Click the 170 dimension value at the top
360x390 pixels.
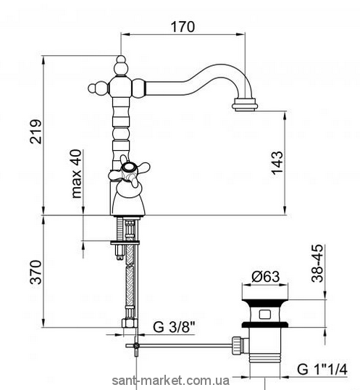pyautogui.click(x=183, y=27)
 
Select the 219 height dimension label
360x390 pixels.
pyautogui.click(x=36, y=131)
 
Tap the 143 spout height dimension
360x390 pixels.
pyautogui.click(x=277, y=162)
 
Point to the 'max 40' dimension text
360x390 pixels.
pyautogui.click(x=77, y=173)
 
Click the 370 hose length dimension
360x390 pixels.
pyautogui.click(x=36, y=272)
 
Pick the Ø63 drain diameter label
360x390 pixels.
pyautogui.click(x=265, y=276)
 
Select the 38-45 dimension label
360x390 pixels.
pyautogui.click(x=317, y=263)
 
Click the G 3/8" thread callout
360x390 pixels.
pyautogui.click(x=173, y=327)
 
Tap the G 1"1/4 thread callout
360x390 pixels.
pyautogui.click(x=322, y=370)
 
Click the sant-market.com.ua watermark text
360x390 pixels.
pyautogui.click(x=171, y=381)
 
